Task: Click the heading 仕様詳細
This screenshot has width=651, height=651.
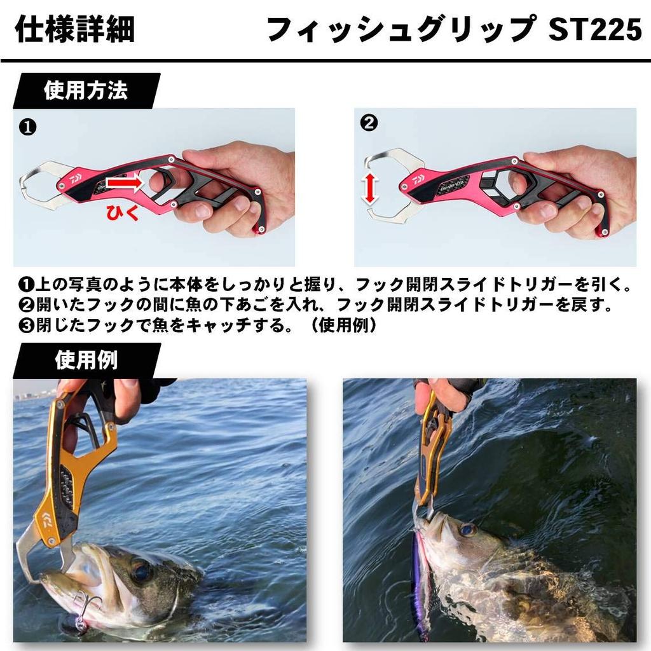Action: pos(74,29)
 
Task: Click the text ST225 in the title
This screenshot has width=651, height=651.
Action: pos(594,29)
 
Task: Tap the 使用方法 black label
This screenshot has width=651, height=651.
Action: pos(86,91)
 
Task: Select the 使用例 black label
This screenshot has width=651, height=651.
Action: pos(86,360)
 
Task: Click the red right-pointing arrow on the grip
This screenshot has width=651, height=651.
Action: pos(126,184)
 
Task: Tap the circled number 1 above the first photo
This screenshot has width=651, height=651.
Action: pos(28,127)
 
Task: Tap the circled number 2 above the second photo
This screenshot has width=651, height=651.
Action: pos(369,123)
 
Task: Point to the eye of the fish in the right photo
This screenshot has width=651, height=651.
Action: pos(468,529)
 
